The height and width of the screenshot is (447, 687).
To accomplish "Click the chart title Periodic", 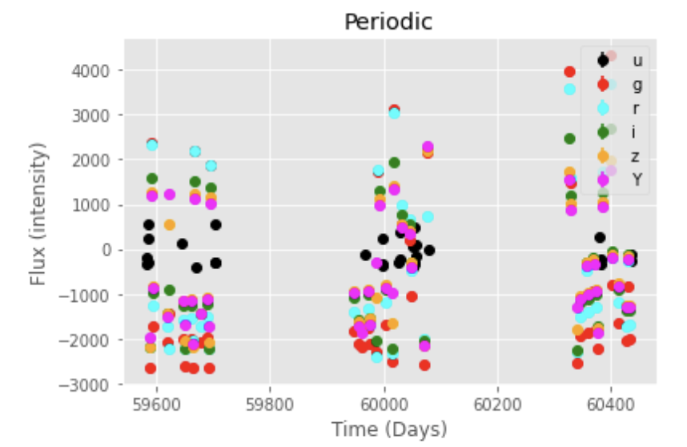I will [x=388, y=22].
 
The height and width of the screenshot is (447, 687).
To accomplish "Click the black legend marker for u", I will [x=603, y=60].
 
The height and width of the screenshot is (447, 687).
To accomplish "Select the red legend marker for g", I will [x=603, y=84].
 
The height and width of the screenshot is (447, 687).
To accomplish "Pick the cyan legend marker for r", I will [x=603, y=108].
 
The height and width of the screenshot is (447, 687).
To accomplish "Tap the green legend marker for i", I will [x=603, y=132].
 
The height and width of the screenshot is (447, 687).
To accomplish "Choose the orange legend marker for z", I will [x=603, y=156].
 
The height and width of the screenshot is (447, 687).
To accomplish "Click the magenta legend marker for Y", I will [x=603, y=180].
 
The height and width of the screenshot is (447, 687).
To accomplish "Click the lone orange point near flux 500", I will [x=170, y=225].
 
